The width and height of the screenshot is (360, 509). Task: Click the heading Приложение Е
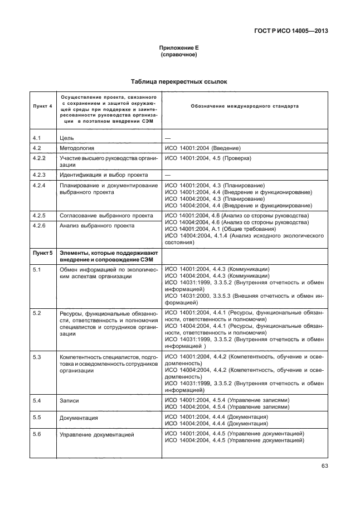[x=179, y=48]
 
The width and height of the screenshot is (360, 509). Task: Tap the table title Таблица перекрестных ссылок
[x=179, y=81]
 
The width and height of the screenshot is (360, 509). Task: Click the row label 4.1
[x=37, y=138]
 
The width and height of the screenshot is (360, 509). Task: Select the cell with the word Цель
[x=66, y=138]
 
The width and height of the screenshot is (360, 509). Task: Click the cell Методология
[x=76, y=148]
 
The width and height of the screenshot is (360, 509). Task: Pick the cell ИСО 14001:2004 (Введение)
[x=202, y=148]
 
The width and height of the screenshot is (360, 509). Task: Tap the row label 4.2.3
[x=40, y=174]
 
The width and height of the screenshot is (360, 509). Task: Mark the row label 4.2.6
[x=40, y=226]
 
